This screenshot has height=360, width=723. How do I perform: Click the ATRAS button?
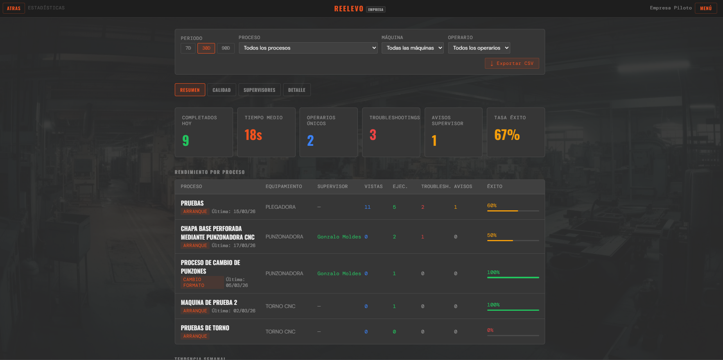[x=14, y=8]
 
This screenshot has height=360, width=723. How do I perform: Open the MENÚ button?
[x=705, y=8]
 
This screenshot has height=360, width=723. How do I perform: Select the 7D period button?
[x=188, y=48]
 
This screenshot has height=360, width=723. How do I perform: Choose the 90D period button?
[x=226, y=48]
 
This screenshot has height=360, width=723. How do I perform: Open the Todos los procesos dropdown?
[x=308, y=48]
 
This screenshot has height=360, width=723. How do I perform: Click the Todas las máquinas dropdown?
[x=412, y=48]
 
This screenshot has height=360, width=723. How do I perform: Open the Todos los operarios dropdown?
[x=479, y=48]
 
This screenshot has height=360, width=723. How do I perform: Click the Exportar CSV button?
[x=512, y=63]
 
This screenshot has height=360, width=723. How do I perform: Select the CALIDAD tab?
[x=221, y=90]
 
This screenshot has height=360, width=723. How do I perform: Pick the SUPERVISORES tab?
[x=259, y=90]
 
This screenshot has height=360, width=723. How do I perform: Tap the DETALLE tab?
[x=296, y=90]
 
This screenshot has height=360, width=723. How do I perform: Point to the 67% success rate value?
[x=507, y=135]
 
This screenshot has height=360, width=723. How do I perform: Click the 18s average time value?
[x=253, y=135]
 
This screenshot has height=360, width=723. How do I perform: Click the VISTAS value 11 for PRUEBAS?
[x=367, y=207]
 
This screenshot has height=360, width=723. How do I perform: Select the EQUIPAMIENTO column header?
[x=283, y=186]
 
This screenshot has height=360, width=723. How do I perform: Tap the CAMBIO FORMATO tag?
[x=194, y=282]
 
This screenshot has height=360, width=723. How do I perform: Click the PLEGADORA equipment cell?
[x=280, y=207]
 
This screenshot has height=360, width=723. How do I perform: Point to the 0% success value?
[x=490, y=330]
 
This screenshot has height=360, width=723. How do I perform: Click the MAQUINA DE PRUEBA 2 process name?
[x=209, y=303]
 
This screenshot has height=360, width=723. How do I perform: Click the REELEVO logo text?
[x=348, y=9]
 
